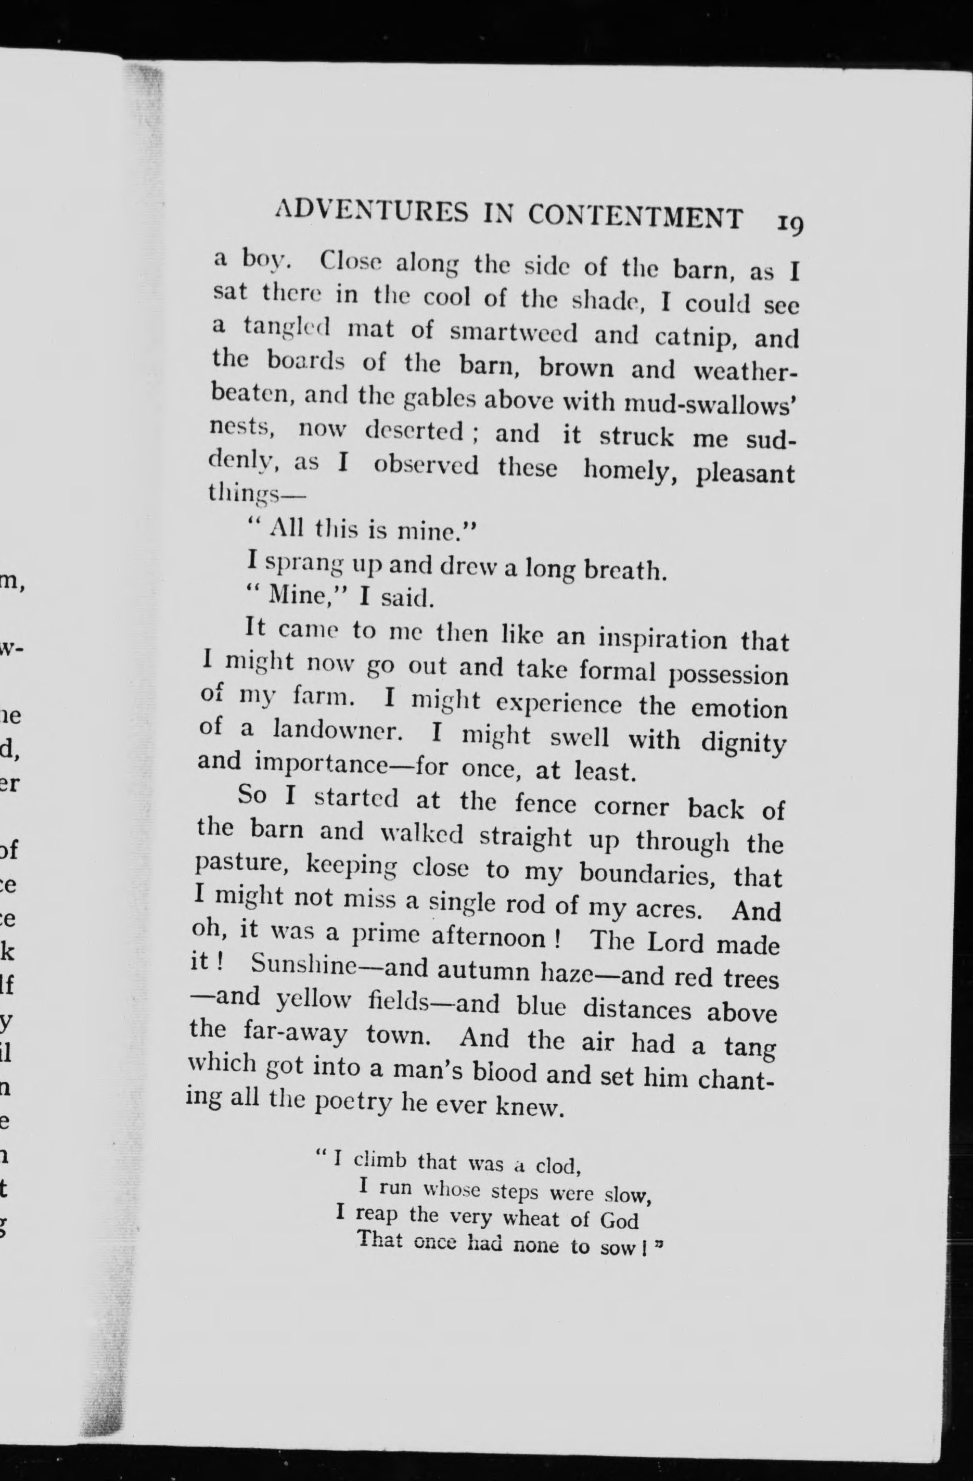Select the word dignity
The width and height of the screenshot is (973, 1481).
(744, 744)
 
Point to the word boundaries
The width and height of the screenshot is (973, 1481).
(646, 874)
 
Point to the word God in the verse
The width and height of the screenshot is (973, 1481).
(619, 1221)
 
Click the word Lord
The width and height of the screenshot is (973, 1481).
(675, 943)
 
